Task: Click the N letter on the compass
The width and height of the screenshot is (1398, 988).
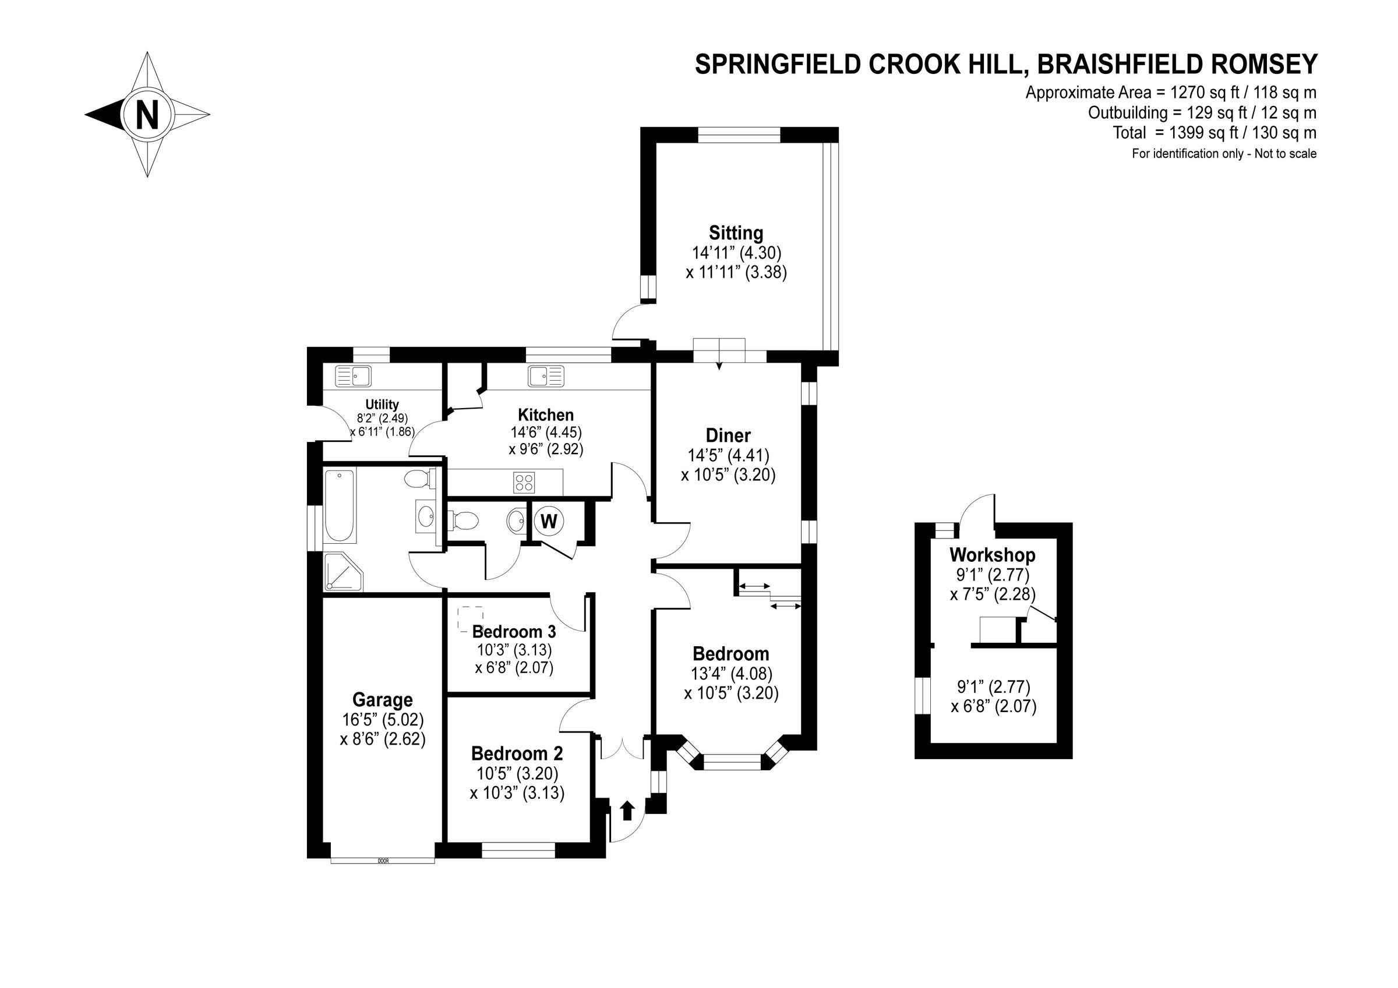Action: pos(147,115)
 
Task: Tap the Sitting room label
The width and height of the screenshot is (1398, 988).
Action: pos(736,233)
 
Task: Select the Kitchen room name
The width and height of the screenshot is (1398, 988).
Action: pos(546,415)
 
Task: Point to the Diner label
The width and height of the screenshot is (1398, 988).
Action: pos(728,436)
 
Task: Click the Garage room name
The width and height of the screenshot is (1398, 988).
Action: pos(382,700)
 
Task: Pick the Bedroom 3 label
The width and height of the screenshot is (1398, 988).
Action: pos(514,631)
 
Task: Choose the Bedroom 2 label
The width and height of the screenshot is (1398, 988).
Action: pos(517,753)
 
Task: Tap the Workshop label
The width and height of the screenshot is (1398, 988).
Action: pos(993,555)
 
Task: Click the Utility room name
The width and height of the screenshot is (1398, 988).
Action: pos(382,404)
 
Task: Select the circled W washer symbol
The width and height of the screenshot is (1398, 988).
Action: pos(549,521)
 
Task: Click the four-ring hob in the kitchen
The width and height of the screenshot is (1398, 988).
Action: pos(524,483)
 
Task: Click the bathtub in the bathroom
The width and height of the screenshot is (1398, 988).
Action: pos(340,506)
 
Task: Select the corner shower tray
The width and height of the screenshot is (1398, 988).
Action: pos(344,572)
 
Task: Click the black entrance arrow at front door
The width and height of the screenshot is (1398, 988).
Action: pos(627,811)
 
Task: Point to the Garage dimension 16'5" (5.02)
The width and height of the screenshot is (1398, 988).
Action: pos(383,720)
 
